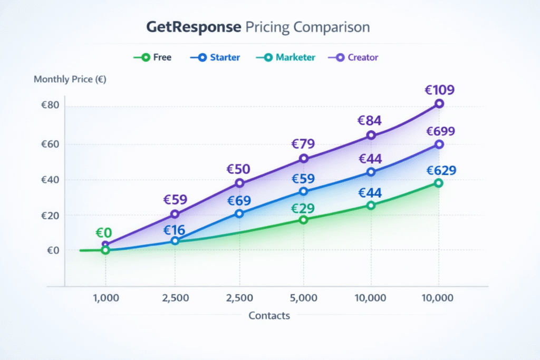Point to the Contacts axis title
[x=269, y=316]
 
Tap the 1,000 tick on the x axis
[x=105, y=298]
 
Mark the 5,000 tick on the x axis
[x=303, y=298]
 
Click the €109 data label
[x=439, y=90]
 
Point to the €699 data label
[x=440, y=131]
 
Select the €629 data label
[x=441, y=171]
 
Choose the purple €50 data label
[x=238, y=170]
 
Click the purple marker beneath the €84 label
[x=371, y=135]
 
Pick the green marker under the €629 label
[x=439, y=183]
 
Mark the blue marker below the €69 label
[x=239, y=213]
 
